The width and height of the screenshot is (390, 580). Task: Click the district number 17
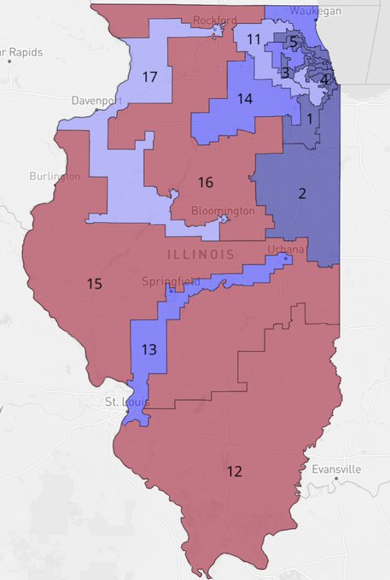pos(150,78)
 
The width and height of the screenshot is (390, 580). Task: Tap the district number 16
pos(205,182)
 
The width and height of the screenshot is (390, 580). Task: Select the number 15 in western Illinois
pos(95,283)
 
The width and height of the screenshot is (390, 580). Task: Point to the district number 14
pos(245,99)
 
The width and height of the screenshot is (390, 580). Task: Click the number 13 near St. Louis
pos(148,349)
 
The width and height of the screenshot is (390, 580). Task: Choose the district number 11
pos(253,39)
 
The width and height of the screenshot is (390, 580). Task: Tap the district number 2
pos(301,194)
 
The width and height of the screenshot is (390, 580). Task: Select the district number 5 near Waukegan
pos(293,41)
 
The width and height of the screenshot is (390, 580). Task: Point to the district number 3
pos(285,73)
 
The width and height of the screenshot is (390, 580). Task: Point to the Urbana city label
pos(281,249)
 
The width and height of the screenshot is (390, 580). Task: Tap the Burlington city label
pos(54,176)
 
